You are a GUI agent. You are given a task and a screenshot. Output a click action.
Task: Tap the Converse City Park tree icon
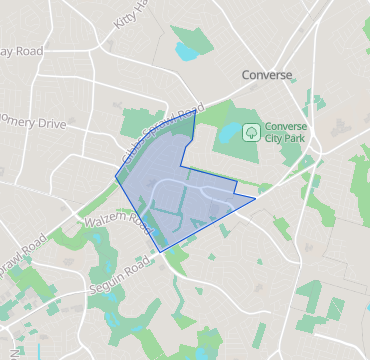click(x=251, y=130)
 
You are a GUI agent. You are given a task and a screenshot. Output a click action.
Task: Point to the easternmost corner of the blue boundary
click(x=255, y=198)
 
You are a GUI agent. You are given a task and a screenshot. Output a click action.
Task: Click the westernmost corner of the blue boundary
click(x=116, y=180)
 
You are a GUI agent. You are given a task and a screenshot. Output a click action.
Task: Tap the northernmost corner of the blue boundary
click(x=195, y=111)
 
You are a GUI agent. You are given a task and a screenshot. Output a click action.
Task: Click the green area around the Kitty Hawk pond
click(x=200, y=40)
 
